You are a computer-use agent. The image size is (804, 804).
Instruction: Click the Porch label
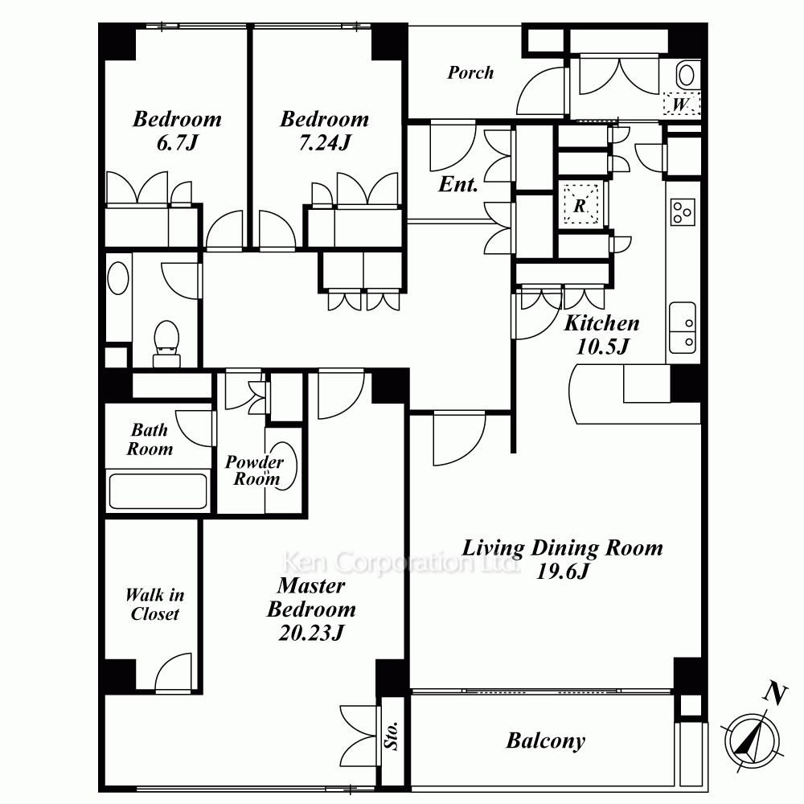[x=470, y=73]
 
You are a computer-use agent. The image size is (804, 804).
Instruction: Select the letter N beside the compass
[x=774, y=692]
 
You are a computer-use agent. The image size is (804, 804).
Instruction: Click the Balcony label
[x=545, y=740]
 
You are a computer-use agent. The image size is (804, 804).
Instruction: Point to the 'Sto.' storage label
[x=393, y=735]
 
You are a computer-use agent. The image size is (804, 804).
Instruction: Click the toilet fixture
[x=166, y=338]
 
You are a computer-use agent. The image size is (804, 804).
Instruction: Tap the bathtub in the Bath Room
[x=158, y=490]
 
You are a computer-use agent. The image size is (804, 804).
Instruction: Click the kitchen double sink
[x=683, y=327]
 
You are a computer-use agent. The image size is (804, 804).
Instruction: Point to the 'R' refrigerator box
[x=580, y=204]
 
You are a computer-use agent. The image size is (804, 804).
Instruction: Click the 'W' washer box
[x=680, y=105]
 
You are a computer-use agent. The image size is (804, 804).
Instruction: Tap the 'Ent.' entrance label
[x=458, y=185]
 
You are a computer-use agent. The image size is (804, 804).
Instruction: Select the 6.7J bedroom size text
[x=176, y=144]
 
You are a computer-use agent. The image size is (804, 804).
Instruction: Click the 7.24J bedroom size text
[x=325, y=144]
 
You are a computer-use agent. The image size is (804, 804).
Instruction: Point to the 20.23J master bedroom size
[x=310, y=633]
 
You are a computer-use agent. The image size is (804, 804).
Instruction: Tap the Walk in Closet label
[x=154, y=605]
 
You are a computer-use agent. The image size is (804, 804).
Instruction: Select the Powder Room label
[x=254, y=470]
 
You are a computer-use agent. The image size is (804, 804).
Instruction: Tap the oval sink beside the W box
[x=686, y=76]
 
